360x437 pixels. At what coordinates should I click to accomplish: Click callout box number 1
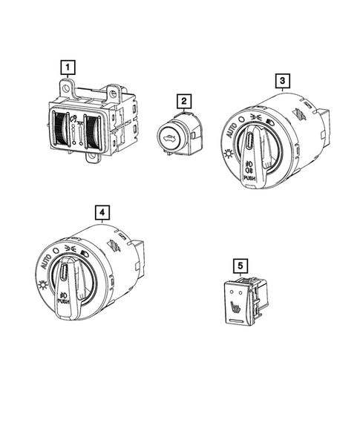tap(68, 68)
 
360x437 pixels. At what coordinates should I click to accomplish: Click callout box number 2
tap(184, 101)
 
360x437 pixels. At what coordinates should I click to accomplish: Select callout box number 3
tap(283, 81)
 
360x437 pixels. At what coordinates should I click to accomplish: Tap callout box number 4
tap(102, 213)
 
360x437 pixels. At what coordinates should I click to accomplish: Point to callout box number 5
tap(240, 266)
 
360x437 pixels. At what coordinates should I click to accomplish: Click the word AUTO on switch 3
tap(231, 131)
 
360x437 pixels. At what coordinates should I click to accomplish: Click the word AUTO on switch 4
tap(46, 262)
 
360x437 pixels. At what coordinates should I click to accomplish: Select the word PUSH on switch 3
tap(249, 178)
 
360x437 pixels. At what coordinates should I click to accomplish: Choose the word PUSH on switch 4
tap(63, 301)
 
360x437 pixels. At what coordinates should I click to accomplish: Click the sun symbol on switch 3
tap(229, 153)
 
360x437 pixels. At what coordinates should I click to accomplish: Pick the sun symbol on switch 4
tap(42, 285)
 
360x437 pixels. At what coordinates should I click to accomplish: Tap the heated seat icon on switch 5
tap(235, 308)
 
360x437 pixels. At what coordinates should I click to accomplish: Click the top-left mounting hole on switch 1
tap(66, 88)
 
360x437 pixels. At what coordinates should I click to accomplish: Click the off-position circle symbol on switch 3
tap(242, 119)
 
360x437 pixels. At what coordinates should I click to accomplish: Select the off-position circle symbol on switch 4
tap(56, 250)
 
